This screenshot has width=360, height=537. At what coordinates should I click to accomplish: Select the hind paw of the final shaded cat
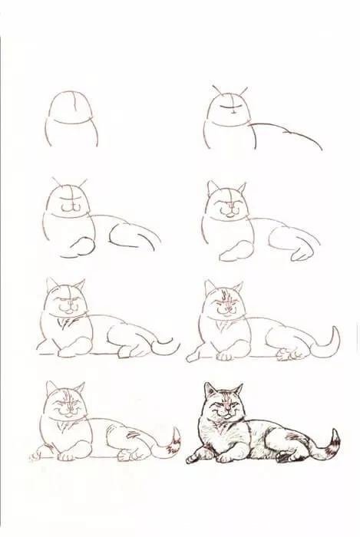285,458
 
